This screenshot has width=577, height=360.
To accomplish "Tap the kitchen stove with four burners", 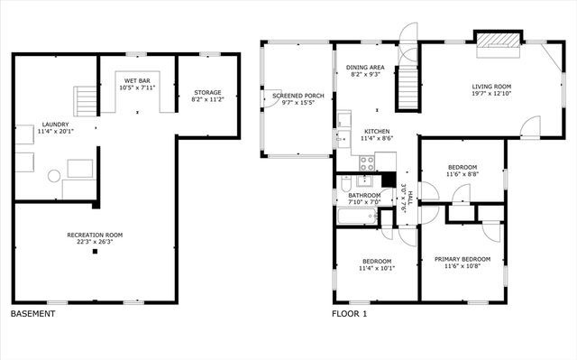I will click(x=367, y=163).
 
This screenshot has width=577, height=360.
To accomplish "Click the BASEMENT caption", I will click(x=32, y=314).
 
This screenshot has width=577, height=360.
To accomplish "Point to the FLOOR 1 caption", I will click(x=351, y=314).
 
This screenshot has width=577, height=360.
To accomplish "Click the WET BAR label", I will click(x=137, y=81).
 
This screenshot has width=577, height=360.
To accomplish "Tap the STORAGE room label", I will click(x=207, y=92).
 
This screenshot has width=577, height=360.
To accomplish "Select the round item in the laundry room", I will click(x=53, y=177).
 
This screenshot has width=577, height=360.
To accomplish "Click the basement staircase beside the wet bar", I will click(x=85, y=97).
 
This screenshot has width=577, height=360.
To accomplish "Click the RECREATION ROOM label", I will click(x=95, y=235).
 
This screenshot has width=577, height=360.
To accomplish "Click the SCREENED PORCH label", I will click(x=293, y=95).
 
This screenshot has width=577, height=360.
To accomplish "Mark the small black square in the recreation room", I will click(x=95, y=252).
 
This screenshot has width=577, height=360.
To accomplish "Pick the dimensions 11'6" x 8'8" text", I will click(x=463, y=174).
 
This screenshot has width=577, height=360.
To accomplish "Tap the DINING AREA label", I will click(x=366, y=68).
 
